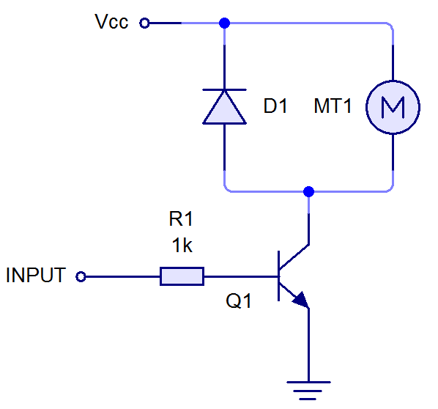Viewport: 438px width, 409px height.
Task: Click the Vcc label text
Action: [111, 21]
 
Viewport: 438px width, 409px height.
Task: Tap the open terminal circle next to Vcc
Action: [144, 23]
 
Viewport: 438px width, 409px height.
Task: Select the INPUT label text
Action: [36, 275]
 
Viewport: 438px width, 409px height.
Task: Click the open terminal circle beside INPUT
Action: [81, 277]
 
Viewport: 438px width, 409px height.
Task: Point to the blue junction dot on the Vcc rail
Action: [225, 23]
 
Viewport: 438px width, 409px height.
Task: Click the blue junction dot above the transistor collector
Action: [308, 191]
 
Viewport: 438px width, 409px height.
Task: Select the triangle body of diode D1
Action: [224, 108]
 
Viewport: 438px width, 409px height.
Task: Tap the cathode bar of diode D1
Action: [224, 89]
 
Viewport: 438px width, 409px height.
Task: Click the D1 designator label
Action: [275, 106]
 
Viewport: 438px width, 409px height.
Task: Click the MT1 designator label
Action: [333, 106]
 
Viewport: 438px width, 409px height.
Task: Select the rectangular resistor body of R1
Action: [182, 276]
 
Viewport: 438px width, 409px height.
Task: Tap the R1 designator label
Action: [181, 218]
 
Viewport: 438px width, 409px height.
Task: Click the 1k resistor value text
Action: [182, 245]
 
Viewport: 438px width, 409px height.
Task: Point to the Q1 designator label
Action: [239, 301]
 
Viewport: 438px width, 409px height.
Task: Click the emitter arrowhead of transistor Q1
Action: [302, 301]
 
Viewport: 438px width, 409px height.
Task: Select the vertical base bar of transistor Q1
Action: [278, 276]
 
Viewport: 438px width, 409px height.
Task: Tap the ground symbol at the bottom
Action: [308, 391]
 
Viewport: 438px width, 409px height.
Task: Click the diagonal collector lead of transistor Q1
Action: [294, 257]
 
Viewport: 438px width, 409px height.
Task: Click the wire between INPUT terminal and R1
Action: [122, 277]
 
